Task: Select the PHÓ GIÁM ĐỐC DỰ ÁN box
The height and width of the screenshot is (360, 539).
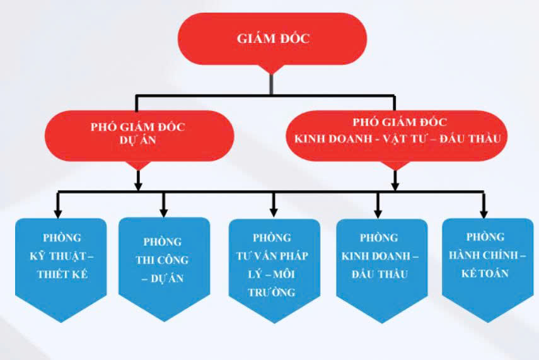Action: pos(138,134)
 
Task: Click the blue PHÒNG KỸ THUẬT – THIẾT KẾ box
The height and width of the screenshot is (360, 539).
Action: pos(62,258)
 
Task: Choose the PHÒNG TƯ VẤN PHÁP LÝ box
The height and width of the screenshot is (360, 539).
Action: pos(272,265)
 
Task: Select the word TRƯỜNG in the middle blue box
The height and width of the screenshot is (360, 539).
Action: pos(272,293)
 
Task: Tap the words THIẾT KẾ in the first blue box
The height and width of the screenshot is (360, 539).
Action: pos(62,275)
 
